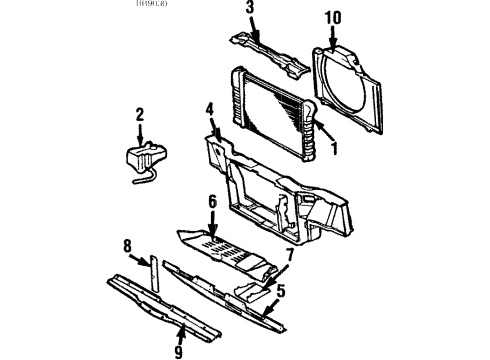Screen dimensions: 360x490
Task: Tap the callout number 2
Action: [139, 115]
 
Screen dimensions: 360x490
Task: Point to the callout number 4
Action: [210, 109]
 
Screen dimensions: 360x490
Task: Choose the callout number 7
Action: [290, 255]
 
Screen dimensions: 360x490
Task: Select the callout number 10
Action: [332, 18]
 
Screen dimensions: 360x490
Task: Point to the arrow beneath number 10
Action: [332, 38]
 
